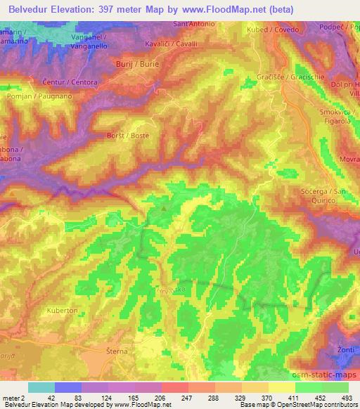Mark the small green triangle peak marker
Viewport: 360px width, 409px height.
coord(165,207)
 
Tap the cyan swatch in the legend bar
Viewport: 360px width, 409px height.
coord(42,387)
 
